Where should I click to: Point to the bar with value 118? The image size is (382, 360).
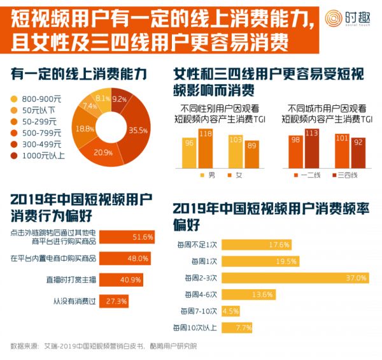click(206, 147)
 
